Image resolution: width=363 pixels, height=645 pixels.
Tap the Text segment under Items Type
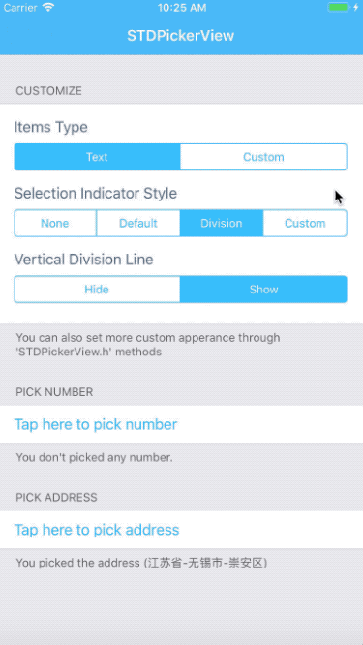(97, 157)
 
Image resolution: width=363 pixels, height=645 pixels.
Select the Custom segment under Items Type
(263, 157)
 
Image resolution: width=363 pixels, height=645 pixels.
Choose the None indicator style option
(55, 223)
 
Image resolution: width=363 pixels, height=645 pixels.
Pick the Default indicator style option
(138, 223)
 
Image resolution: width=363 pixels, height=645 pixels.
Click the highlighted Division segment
(222, 223)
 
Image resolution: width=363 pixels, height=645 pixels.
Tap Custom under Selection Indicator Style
(305, 223)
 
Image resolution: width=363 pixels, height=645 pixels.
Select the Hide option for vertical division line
(97, 290)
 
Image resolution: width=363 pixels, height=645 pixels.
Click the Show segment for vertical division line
(263, 290)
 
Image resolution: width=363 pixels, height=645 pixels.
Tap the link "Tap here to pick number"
(96, 424)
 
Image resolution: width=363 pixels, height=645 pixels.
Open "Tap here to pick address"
(97, 530)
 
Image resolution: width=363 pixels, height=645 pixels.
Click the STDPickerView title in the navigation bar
(181, 36)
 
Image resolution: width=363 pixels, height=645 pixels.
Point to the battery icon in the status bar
(339, 8)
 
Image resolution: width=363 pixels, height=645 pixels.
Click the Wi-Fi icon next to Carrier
(48, 8)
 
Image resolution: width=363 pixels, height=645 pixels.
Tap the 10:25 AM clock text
(182, 8)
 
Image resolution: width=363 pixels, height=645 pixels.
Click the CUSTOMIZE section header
(49, 90)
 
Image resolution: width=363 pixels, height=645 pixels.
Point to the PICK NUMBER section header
(54, 392)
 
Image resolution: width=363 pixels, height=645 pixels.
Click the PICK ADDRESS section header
(56, 497)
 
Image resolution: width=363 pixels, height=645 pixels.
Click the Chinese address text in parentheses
(205, 563)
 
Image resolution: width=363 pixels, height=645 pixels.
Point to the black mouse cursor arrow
(339, 198)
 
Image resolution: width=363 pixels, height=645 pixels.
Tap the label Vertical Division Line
(84, 260)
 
